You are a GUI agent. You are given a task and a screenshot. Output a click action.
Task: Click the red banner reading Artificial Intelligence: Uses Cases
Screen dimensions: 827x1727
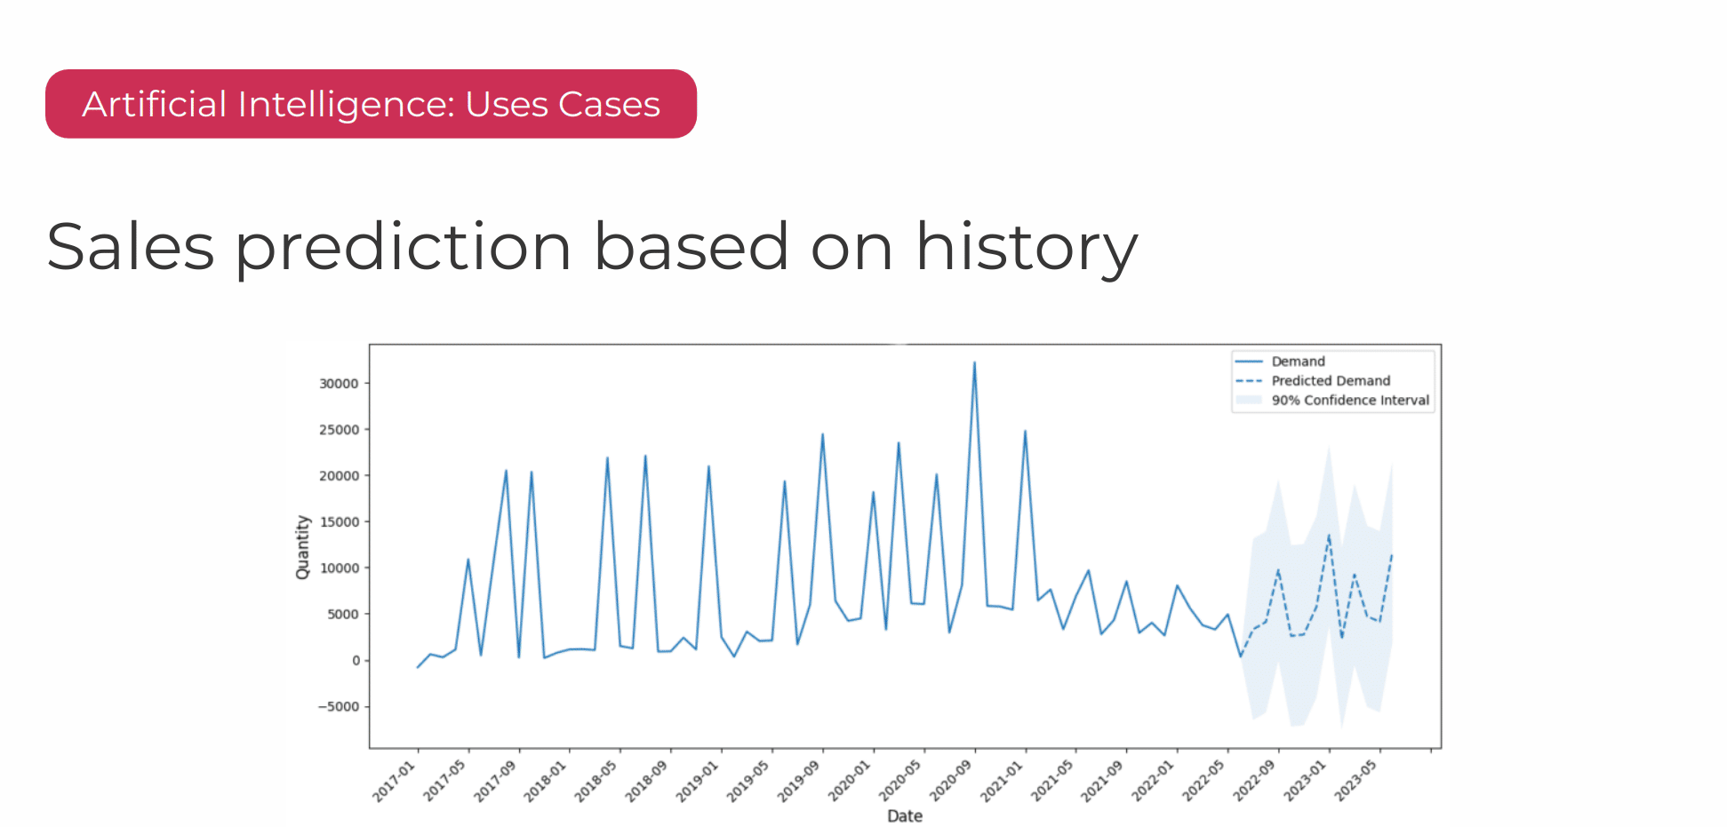371,104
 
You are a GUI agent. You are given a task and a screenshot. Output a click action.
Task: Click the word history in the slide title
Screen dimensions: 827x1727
1027,247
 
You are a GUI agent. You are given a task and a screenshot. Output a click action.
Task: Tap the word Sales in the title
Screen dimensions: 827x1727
131,247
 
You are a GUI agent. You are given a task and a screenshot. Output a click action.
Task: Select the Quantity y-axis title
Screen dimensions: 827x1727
303,547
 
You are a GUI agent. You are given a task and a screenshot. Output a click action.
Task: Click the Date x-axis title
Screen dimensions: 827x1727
905,815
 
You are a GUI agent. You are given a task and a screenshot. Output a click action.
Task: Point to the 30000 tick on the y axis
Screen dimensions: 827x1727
339,384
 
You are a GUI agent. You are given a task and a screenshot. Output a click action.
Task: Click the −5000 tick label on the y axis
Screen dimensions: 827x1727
339,707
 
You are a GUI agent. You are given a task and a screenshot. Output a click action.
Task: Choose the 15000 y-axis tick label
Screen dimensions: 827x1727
339,522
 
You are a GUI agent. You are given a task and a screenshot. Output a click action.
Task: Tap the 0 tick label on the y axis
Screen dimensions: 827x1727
356,661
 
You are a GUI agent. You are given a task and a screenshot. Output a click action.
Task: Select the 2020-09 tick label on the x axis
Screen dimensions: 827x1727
951,781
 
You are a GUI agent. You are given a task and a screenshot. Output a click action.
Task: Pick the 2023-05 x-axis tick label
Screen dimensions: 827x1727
1356,781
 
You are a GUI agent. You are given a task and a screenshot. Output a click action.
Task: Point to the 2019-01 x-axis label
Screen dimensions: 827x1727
698,781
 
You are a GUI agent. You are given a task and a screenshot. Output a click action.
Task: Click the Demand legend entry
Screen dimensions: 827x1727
1298,362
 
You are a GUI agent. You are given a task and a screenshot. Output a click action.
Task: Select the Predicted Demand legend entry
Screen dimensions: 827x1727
1331,381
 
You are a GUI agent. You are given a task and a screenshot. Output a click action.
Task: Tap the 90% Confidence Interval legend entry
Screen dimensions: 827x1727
1350,401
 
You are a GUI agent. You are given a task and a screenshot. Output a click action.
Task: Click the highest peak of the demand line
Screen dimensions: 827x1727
974,362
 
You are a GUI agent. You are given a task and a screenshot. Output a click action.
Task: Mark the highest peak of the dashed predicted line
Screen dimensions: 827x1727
1329,535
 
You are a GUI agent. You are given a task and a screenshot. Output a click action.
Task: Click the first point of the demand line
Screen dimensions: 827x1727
418,667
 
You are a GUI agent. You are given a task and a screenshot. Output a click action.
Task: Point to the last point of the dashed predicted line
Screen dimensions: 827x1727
1392,554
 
